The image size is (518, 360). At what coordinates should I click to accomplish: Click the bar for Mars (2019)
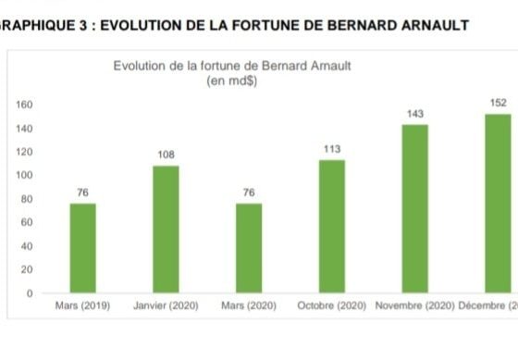coord(83,248)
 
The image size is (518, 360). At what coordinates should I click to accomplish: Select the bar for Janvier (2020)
coord(166,230)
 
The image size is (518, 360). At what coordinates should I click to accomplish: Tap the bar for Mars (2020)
coord(249,248)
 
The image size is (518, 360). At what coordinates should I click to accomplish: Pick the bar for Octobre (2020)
coord(332,227)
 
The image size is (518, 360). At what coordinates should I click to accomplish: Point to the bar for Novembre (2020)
coord(415,208)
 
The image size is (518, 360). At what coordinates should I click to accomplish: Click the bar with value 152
coord(498,204)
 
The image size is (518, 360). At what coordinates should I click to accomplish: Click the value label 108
coord(166,155)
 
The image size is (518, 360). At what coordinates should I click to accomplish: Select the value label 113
coord(332,149)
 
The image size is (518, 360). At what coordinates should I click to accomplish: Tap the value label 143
coord(415,114)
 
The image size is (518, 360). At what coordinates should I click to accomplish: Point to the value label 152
coord(499,103)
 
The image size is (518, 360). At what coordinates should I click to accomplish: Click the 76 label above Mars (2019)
coord(83,192)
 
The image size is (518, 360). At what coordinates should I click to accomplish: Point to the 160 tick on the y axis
coord(24,105)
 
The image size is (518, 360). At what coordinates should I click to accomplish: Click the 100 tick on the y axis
coord(24,175)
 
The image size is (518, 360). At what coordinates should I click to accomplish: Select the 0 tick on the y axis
coord(30,293)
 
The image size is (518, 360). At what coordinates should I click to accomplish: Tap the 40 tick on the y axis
coord(27,246)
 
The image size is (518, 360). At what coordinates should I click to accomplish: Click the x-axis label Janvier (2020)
coord(166,305)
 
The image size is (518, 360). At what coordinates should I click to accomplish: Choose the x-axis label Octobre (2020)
coord(332,305)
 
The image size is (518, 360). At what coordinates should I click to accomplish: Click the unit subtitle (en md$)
coord(232,81)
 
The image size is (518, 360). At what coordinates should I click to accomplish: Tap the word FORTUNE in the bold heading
coord(266,26)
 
